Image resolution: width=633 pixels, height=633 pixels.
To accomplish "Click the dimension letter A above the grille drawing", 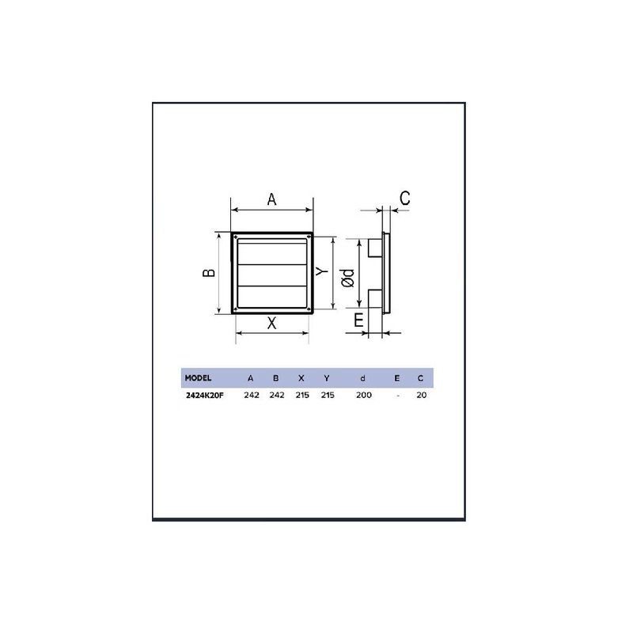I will pos(271,200).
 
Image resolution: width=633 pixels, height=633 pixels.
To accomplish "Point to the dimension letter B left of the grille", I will pos(208,273).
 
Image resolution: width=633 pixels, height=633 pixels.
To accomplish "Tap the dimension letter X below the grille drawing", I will pos(271,323).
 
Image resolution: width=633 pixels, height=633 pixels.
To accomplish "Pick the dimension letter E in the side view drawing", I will pos(358,320).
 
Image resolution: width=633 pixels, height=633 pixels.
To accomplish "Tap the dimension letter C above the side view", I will pos(404,199).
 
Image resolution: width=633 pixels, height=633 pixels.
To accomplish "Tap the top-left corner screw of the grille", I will pos(235,237).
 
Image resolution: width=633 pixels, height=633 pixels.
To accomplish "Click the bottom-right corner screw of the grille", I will pos(309,310).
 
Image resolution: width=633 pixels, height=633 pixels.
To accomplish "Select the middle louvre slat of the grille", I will pos(272,273).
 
